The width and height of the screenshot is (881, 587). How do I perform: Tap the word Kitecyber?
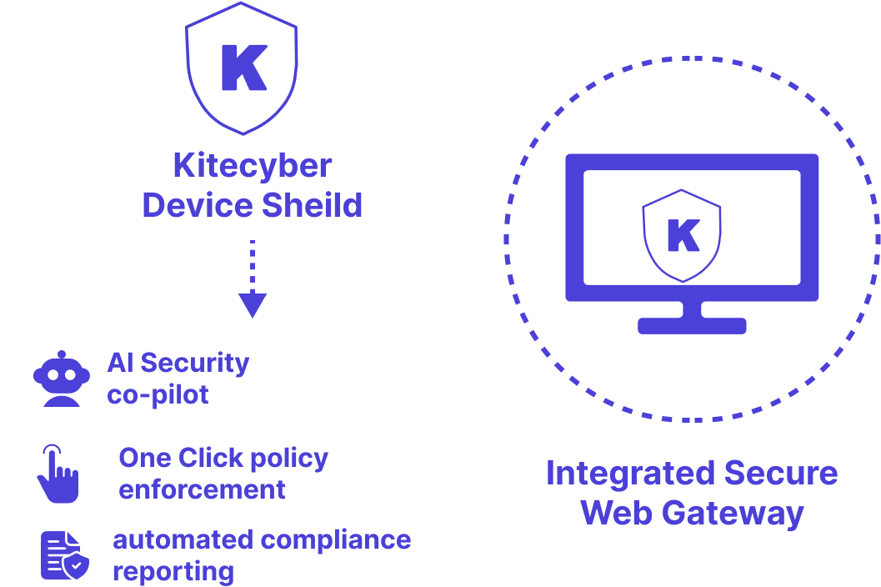(x=252, y=165)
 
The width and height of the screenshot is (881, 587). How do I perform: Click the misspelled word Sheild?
(x=308, y=204)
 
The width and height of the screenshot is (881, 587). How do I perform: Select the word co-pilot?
(x=158, y=394)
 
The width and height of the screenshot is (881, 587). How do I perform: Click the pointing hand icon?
(x=57, y=474)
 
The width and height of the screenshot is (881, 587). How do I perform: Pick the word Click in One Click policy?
(x=211, y=458)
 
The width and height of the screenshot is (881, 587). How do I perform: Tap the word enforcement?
(x=202, y=489)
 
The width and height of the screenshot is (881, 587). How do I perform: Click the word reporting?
(x=173, y=571)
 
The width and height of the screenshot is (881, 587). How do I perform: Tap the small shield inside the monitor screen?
(x=682, y=235)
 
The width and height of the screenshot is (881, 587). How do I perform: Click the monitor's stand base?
(x=691, y=325)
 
